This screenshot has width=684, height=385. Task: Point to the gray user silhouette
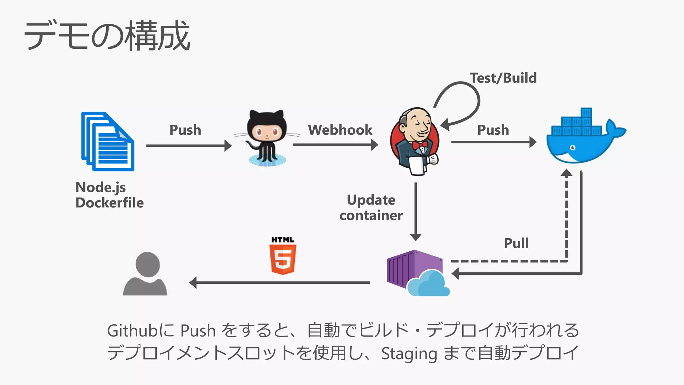pyautogui.click(x=146, y=274)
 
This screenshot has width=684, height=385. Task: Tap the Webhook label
pyautogui.click(x=340, y=130)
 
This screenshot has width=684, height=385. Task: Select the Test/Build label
pyautogui.click(x=503, y=78)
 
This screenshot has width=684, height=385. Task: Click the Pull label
pyautogui.click(x=516, y=243)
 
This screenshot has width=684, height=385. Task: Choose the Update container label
pyautogui.click(x=371, y=208)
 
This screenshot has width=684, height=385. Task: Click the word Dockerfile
pyautogui.click(x=110, y=203)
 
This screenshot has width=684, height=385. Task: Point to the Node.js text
pyautogui.click(x=101, y=187)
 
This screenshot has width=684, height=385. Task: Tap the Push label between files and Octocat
pyautogui.click(x=185, y=130)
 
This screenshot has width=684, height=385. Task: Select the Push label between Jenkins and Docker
pyautogui.click(x=493, y=130)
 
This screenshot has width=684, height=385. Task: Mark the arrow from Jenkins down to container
pyautogui.click(x=415, y=211)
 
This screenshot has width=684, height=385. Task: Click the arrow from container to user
pyautogui.click(x=281, y=283)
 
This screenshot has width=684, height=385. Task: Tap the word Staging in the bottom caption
pyautogui.click(x=409, y=354)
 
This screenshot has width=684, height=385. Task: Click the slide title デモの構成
pyautogui.click(x=107, y=36)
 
